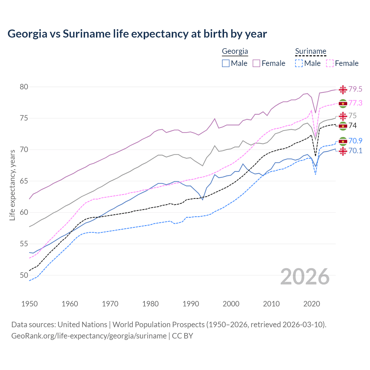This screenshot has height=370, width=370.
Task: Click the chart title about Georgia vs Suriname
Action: (x=137, y=34)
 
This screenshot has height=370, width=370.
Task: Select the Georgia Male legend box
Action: (x=226, y=63)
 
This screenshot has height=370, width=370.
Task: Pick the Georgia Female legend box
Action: (x=256, y=63)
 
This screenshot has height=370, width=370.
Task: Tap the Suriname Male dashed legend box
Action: (x=299, y=63)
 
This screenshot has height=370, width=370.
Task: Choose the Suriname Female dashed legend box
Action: (x=330, y=63)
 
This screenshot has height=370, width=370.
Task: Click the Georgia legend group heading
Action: (x=235, y=51)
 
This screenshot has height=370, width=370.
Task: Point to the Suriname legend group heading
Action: (x=310, y=51)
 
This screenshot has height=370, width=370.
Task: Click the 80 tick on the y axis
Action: (x=24, y=87)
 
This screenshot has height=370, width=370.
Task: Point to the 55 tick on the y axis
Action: (x=24, y=244)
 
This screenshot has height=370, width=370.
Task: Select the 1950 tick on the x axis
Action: (x=29, y=304)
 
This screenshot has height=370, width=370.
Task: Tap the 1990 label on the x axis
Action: (x=191, y=304)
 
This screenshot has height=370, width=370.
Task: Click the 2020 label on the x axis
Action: (x=312, y=304)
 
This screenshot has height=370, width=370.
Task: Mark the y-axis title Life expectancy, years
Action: (x=12, y=185)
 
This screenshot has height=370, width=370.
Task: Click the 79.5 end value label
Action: (x=355, y=89)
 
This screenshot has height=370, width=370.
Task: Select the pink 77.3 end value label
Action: (x=355, y=103)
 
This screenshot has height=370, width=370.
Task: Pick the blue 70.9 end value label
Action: (x=355, y=141)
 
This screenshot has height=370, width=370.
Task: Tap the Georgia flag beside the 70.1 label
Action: (x=343, y=151)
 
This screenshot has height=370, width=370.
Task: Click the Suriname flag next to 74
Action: (x=343, y=126)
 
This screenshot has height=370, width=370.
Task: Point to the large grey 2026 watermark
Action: (x=305, y=277)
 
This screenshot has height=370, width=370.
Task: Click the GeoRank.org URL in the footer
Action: (x=89, y=336)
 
